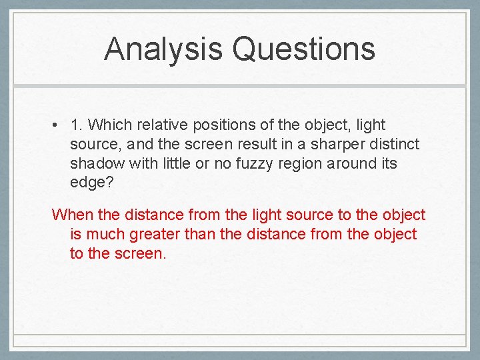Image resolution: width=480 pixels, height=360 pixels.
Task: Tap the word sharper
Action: pyautogui.click(x=333, y=144)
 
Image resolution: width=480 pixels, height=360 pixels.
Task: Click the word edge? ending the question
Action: pyautogui.click(x=89, y=183)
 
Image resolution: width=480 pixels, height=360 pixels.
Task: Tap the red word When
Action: pyautogui.click(x=72, y=215)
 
